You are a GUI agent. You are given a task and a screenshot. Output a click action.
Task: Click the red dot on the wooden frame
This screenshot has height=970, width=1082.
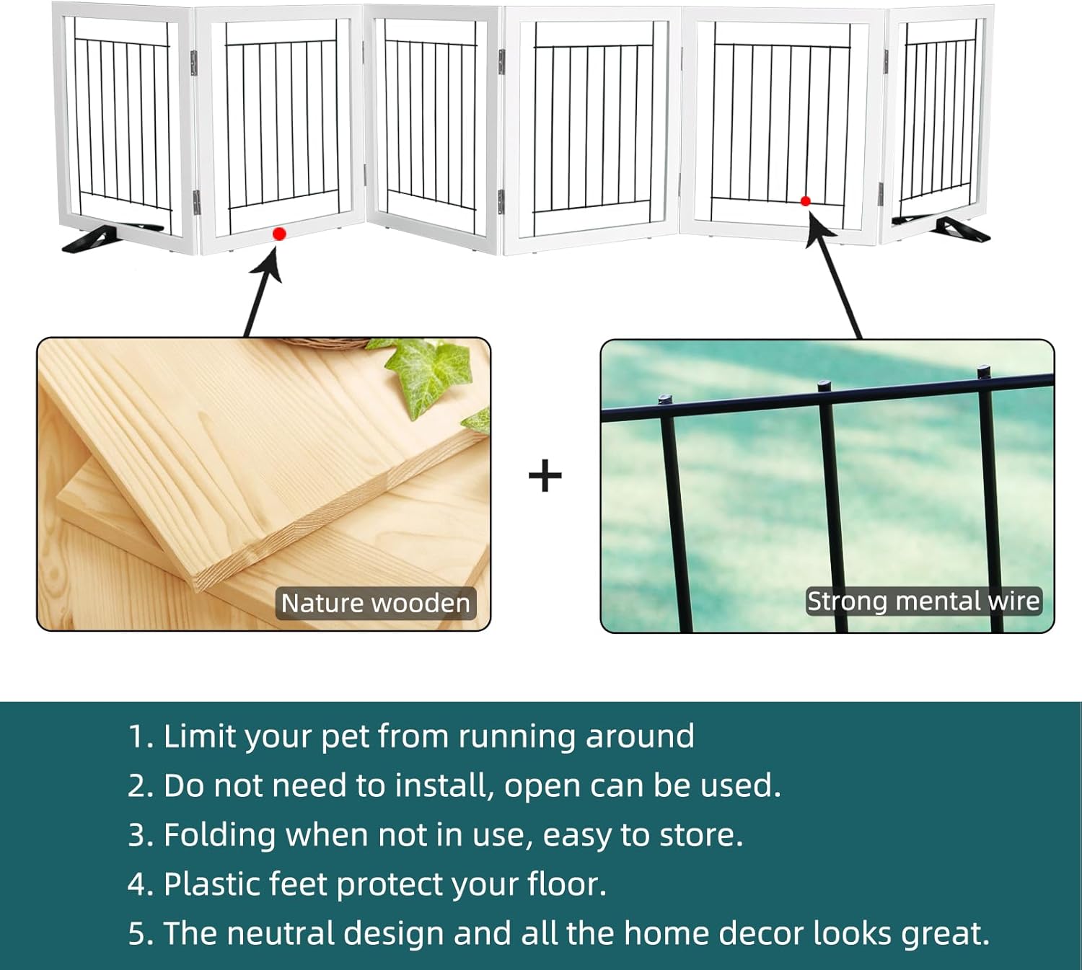point(279,234)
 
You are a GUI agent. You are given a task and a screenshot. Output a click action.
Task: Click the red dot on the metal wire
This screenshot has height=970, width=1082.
point(806,201)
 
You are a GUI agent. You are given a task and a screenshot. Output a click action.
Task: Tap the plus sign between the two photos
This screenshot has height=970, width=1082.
point(545,476)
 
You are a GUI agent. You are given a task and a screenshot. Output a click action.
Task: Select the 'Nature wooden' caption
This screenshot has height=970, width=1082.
point(375,603)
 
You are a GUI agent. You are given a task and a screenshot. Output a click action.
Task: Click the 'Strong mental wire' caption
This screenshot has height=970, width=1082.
point(923,601)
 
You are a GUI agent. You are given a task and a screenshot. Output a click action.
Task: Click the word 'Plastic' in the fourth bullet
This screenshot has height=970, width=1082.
point(208,884)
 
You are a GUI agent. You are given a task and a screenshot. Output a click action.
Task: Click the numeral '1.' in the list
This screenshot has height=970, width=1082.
point(141,737)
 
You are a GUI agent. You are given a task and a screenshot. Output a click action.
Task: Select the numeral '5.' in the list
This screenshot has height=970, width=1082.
point(141,933)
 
